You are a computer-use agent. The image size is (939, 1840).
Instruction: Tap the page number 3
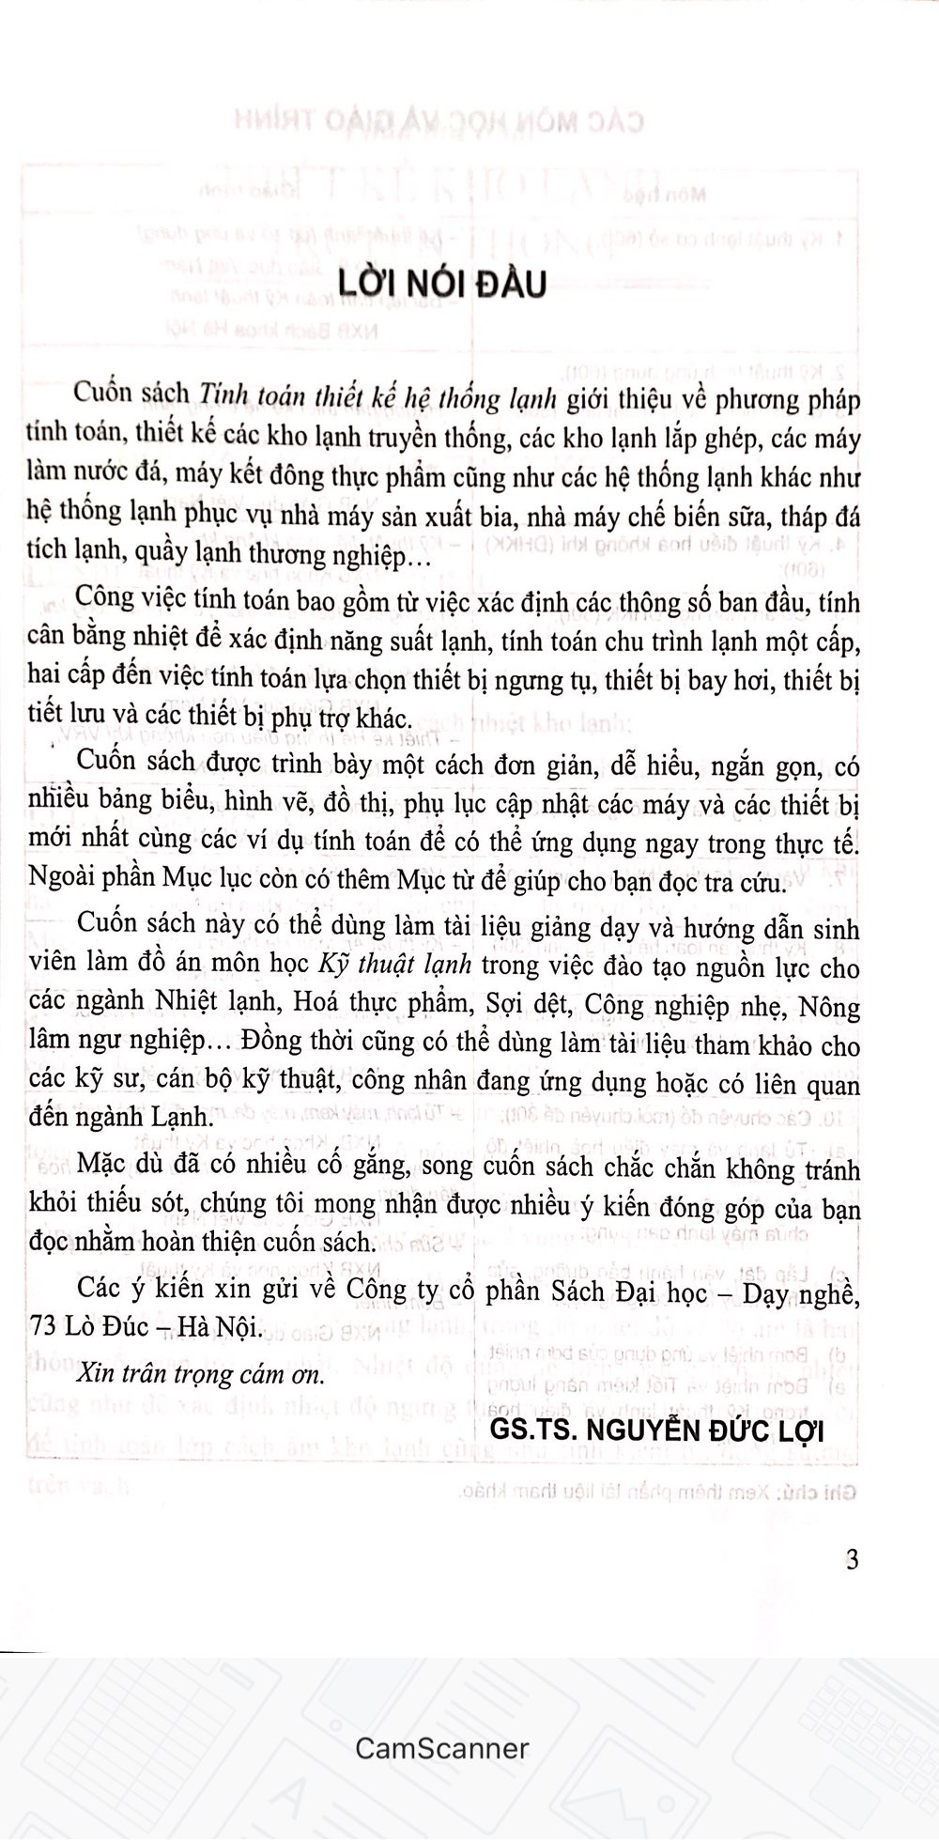(x=852, y=1560)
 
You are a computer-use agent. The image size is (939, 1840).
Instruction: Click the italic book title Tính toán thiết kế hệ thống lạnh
(x=377, y=398)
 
